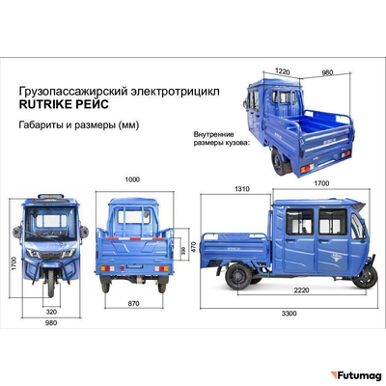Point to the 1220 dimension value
[x=282, y=71]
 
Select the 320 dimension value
[x=50, y=313]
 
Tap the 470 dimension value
[x=194, y=246]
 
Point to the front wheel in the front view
[x=50, y=283]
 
